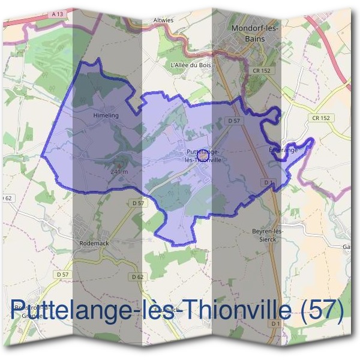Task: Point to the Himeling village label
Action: [x=106, y=115]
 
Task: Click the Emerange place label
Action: [x=283, y=150]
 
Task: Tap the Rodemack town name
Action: [x=94, y=244]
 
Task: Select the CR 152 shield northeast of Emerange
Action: [x=321, y=118]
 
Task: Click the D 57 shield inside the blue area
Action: [x=234, y=121]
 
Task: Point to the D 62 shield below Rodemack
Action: [x=139, y=277]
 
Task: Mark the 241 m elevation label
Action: [x=120, y=172]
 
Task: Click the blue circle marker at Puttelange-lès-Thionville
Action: [x=202, y=155]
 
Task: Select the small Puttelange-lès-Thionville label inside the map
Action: [x=205, y=156]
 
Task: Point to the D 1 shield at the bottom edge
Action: [x=275, y=324]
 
